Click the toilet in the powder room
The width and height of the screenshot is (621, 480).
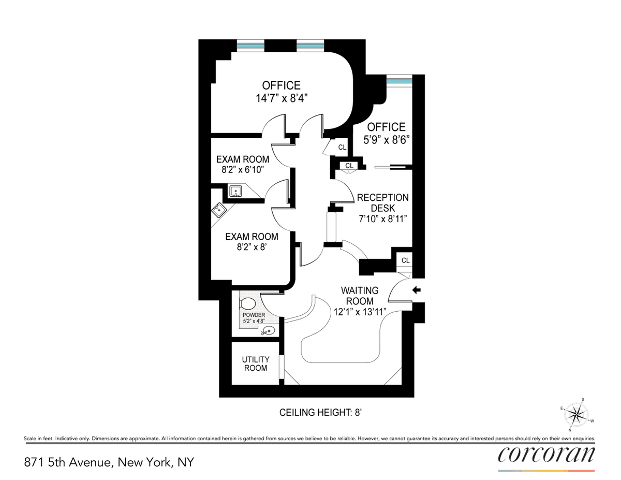tap(247, 303)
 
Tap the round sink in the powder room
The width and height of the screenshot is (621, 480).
tap(269, 331)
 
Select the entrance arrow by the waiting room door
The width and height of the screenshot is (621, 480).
tap(417, 290)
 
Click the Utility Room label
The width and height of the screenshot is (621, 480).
tap(256, 363)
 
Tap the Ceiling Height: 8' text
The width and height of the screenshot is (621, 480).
tap(321, 413)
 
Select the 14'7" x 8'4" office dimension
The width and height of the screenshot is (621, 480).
tap(282, 98)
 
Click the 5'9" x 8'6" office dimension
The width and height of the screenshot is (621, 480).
tap(387, 140)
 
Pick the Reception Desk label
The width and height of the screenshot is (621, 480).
tap(382, 202)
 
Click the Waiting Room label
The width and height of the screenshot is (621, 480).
tap(360, 296)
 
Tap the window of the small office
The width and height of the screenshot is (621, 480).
tap(399, 80)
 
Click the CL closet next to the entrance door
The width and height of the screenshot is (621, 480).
tap(405, 260)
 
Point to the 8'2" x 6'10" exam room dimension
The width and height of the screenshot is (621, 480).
tap(243, 170)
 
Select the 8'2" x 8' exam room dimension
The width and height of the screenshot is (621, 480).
tap(252, 247)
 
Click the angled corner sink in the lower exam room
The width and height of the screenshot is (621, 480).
tap(219, 210)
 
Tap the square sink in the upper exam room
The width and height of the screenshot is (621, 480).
tap(235, 191)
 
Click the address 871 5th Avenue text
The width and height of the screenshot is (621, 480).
tap(69, 462)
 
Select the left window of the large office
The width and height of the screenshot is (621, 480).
tap(250, 46)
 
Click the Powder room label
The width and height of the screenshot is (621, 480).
tap(254, 315)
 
